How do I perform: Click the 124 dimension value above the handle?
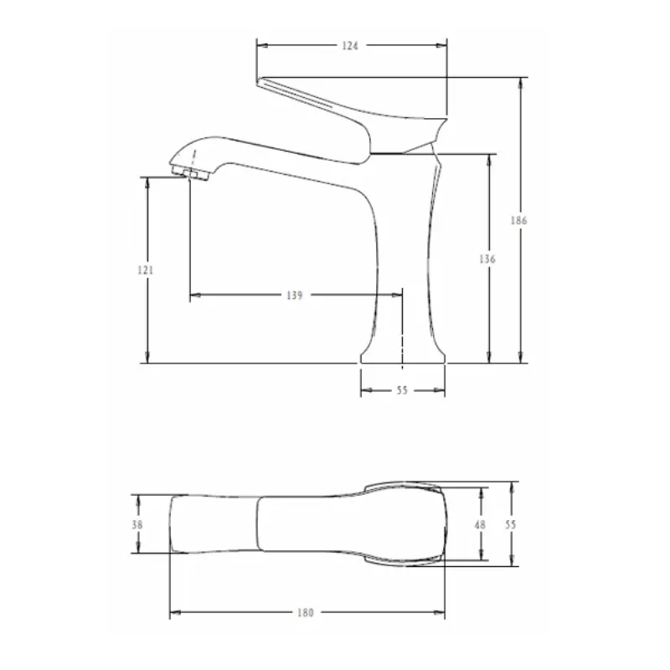tap(351, 47)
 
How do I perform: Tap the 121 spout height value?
tap(144, 270)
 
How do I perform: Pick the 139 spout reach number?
tap(294, 295)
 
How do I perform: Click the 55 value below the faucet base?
tap(401, 390)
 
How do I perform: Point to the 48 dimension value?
tap(480, 523)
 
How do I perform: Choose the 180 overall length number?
tap(306, 613)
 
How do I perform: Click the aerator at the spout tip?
tap(191, 173)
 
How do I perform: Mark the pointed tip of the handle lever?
tap(260, 80)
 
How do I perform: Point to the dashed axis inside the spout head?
tap(195, 159)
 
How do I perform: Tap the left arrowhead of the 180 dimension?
tap(174, 613)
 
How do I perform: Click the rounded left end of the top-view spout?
tap(172, 524)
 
